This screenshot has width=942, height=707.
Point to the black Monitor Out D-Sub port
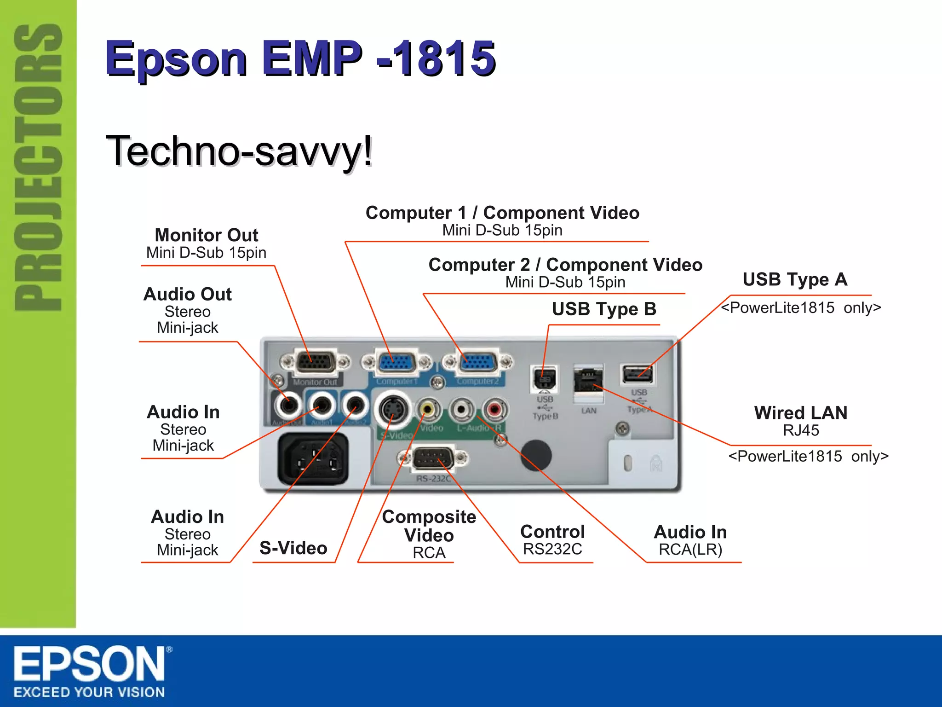click(x=315, y=362)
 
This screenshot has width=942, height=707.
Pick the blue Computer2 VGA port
click(x=478, y=362)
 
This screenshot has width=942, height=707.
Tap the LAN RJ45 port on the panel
click(x=588, y=380)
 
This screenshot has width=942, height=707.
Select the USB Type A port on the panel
click(x=637, y=374)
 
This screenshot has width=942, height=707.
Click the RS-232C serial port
click(x=433, y=458)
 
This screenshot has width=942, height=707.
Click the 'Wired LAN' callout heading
click(x=801, y=413)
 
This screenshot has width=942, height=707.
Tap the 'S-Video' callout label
click(x=293, y=548)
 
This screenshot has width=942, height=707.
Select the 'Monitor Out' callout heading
click(x=207, y=235)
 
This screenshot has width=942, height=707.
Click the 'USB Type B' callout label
click(x=604, y=309)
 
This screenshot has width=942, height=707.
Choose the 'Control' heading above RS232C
click(x=552, y=532)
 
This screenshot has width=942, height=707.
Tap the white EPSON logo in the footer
click(x=90, y=664)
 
